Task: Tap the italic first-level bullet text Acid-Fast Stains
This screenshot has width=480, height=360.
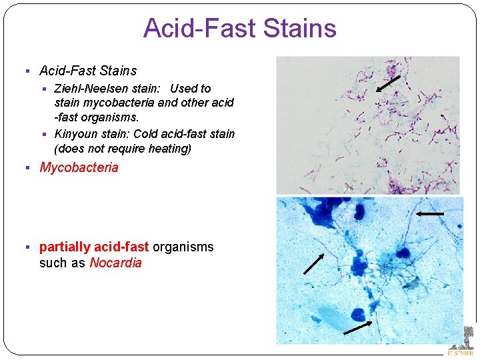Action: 88,71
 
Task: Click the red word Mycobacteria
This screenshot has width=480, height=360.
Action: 79,167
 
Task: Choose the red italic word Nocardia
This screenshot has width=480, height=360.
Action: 115,263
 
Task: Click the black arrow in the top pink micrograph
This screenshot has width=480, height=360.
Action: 388,83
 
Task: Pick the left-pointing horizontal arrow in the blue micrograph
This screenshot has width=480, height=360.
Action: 430,214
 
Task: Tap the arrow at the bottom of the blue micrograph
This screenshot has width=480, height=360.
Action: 358,327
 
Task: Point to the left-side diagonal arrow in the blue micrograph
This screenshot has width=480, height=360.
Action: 314,264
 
